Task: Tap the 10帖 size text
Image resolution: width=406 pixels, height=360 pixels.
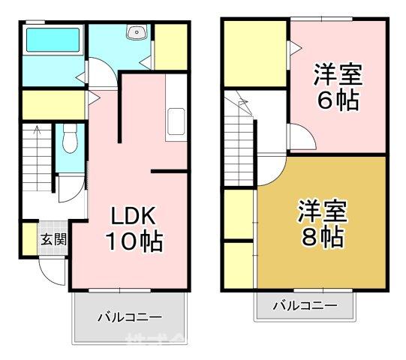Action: [x=134, y=241]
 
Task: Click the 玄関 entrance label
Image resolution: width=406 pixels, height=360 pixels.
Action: [x=53, y=240]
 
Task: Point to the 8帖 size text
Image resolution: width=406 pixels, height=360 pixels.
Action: [x=323, y=237]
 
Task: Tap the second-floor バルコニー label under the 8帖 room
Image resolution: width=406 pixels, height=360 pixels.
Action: [x=304, y=305]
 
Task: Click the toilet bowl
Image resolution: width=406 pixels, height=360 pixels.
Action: [x=71, y=138]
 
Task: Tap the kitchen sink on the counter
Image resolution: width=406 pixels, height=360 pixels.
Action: [x=176, y=121]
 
